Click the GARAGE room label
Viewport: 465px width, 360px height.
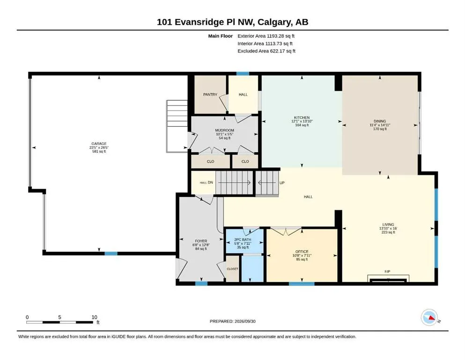(99, 143)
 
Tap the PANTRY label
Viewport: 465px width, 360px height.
(210, 94)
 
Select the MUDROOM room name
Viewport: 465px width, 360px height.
(224, 130)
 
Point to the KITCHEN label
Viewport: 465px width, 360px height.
(302, 118)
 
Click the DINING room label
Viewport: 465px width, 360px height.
(380, 121)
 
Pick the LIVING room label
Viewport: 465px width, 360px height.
(388, 225)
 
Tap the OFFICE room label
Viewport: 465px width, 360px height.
(302, 252)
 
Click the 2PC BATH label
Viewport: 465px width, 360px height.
(243, 240)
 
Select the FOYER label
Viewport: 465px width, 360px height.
(201, 241)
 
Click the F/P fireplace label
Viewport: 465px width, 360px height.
(387, 271)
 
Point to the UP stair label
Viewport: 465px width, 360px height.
(282, 183)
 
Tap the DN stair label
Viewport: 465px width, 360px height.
(210, 182)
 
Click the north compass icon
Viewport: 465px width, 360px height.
(429, 317)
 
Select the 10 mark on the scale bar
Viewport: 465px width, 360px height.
(94, 317)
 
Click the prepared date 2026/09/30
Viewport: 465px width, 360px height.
(245, 321)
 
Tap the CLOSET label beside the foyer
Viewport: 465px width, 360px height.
(232, 269)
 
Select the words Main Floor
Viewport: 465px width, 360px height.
(221, 36)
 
